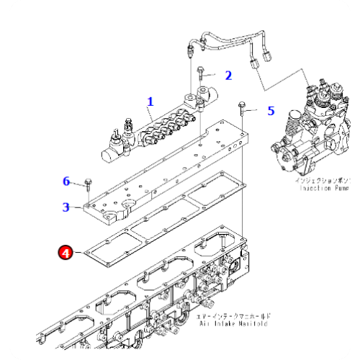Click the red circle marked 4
pyautogui.click(x=66, y=253)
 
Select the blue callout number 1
pyautogui.click(x=150, y=102)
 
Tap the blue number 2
pyautogui.click(x=228, y=75)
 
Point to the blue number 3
pyautogui.click(x=66, y=207)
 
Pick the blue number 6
pyautogui.click(x=66, y=181)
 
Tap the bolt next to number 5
pyautogui.click(x=244, y=109)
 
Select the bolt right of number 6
pyautogui.click(x=86, y=181)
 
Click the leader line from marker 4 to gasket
pyautogui.click(x=79, y=252)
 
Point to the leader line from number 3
pyautogui.click(x=78, y=207)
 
